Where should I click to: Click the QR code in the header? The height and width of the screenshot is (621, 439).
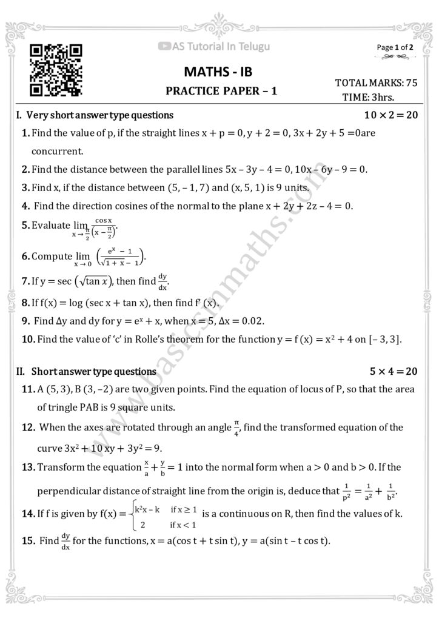pyautogui.click(x=55, y=70)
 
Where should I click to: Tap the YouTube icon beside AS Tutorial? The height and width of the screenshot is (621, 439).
pyautogui.click(x=164, y=45)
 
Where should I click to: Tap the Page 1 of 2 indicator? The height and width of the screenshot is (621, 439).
pyautogui.click(x=395, y=47)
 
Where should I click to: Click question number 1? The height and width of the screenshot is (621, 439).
pyautogui.click(x=25, y=133)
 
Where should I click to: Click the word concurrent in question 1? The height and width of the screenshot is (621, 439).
pyautogui.click(x=57, y=150)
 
